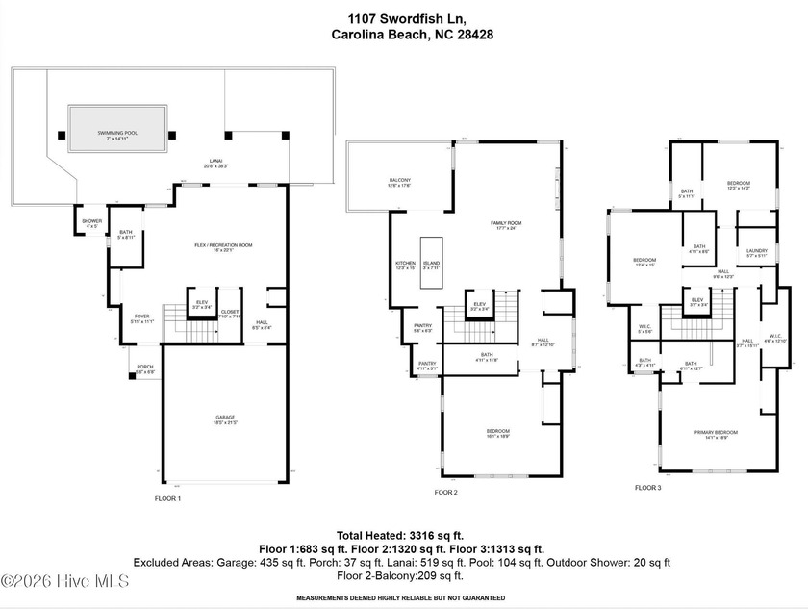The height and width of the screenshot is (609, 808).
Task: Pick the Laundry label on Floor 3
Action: coord(757,253)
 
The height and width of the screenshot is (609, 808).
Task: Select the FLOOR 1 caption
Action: coord(167,498)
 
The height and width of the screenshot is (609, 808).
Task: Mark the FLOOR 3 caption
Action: coord(647,488)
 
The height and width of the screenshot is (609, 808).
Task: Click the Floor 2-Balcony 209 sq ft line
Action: coord(399,575)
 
